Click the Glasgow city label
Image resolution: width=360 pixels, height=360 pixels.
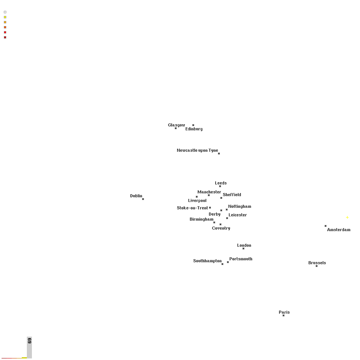point(176,125)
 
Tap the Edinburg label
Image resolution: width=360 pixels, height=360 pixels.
point(194,129)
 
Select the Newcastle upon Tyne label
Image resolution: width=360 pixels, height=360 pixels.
point(197,150)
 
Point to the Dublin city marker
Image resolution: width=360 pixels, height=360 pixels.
point(143,199)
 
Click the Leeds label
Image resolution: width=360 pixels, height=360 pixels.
point(221,183)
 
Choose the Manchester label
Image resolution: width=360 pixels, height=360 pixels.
point(209,192)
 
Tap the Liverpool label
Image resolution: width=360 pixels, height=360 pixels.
point(197,201)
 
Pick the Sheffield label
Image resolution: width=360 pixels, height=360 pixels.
point(232,195)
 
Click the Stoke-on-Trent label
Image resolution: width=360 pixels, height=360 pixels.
point(192,208)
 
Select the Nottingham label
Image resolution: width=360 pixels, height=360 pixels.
point(240,206)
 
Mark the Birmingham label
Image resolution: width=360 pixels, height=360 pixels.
point(201,219)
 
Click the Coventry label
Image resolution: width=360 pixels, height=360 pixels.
point(221,228)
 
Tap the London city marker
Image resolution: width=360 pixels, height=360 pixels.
point(243,248)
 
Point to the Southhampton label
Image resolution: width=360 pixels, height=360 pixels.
point(207,261)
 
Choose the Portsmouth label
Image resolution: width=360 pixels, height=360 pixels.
point(241,259)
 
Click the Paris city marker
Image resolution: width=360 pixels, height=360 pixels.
point(284,316)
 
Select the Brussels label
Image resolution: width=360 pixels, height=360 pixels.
point(317,263)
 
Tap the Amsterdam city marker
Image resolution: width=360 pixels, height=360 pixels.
point(326,226)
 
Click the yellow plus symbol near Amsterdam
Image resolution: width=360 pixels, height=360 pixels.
point(348,217)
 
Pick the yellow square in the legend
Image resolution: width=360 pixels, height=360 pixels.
point(5,17)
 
